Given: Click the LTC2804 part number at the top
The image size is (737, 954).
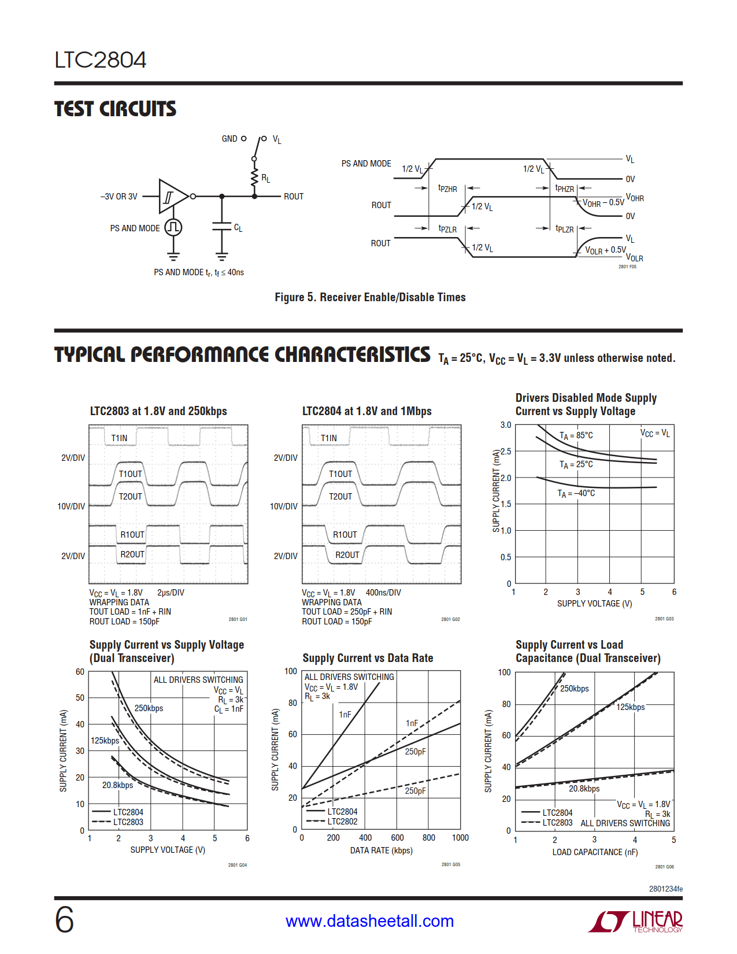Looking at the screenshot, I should click(x=101, y=60).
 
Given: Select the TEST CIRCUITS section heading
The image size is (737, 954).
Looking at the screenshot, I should click(x=115, y=109).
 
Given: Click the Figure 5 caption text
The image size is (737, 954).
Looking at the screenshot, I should click(x=370, y=297).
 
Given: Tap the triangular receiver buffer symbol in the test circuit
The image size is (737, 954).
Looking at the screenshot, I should click(x=172, y=197).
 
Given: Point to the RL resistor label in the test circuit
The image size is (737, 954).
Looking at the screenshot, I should click(x=266, y=179).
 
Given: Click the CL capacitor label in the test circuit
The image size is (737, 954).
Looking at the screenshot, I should click(x=238, y=228).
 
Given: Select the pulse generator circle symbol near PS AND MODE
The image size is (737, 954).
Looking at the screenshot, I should click(x=173, y=227).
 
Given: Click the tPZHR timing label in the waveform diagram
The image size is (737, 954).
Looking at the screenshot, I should click(x=447, y=188).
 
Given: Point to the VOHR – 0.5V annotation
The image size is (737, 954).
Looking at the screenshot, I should click(x=603, y=203).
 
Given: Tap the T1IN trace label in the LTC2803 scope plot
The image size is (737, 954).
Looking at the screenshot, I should click(x=119, y=438).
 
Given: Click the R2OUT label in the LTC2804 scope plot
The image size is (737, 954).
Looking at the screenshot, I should click(x=347, y=555).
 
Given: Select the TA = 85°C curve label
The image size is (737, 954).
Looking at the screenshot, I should click(x=576, y=435).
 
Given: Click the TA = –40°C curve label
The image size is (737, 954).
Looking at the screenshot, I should click(x=576, y=493).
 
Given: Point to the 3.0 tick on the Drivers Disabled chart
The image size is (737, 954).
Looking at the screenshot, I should click(x=506, y=425).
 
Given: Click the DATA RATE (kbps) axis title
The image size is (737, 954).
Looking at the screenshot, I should click(x=381, y=851).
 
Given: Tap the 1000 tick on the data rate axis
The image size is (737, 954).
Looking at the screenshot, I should click(x=460, y=838).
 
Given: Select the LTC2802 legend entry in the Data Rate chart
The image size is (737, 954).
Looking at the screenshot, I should click(x=342, y=822).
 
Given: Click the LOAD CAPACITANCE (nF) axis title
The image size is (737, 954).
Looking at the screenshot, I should click(x=595, y=852).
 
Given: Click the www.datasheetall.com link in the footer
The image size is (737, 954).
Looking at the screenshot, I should click(x=369, y=921).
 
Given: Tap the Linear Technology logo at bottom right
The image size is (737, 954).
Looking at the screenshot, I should click(x=636, y=922).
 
